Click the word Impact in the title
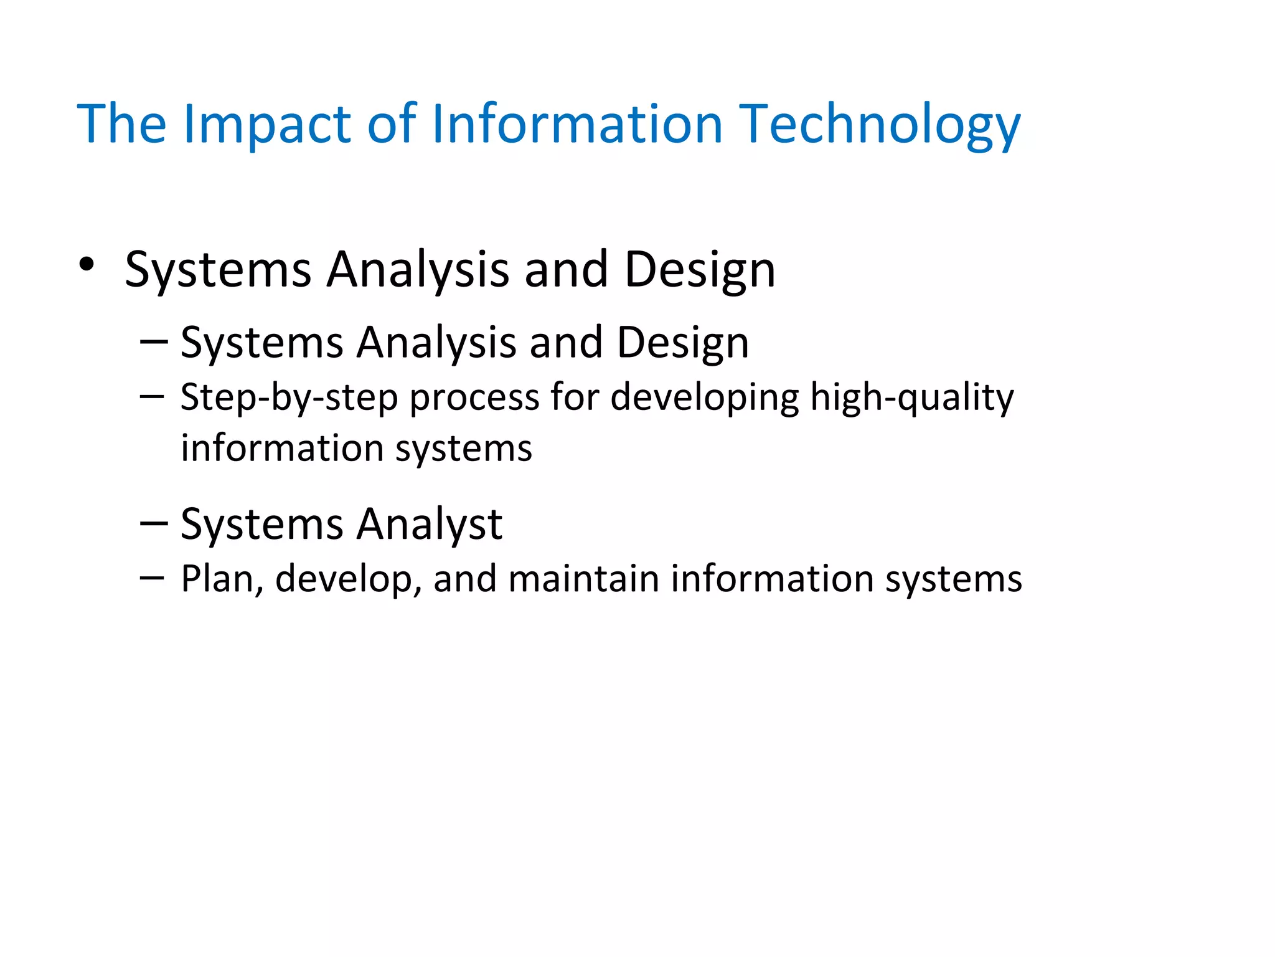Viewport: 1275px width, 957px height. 268,125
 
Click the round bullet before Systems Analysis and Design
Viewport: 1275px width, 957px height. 87,265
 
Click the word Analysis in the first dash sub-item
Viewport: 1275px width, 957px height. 436,343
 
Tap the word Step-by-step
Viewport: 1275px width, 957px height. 289,398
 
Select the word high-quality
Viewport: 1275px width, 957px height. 911,398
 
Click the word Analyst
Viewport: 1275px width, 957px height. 429,524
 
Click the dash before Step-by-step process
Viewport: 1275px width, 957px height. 152,396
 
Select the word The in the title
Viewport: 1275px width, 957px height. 121,125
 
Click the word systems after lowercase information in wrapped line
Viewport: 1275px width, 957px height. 464,449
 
